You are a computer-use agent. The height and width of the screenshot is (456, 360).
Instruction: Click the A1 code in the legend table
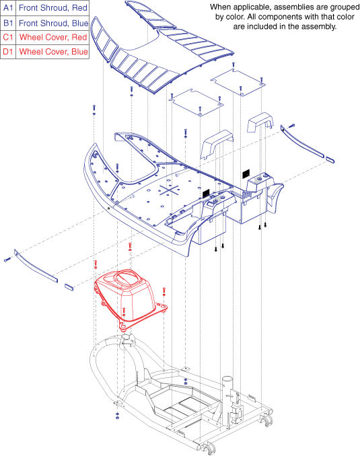pyautogui.click(x=8, y=8)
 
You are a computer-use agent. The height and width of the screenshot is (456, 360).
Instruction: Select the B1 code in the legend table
pyautogui.click(x=8, y=23)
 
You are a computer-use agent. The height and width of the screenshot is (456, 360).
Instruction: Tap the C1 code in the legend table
pyautogui.click(x=8, y=37)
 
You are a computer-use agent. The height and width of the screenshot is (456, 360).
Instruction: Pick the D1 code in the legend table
pyautogui.click(x=8, y=52)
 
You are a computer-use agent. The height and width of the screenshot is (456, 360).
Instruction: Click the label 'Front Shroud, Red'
pyautogui.click(x=53, y=8)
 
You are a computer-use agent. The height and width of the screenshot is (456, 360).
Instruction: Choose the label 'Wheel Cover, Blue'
pyautogui.click(x=53, y=52)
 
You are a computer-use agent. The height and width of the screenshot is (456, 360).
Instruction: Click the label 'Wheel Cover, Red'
pyautogui.click(x=53, y=37)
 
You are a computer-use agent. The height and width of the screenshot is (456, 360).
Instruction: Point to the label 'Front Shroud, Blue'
pyautogui.click(x=54, y=23)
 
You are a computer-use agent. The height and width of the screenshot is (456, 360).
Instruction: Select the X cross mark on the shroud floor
pyautogui.click(x=169, y=191)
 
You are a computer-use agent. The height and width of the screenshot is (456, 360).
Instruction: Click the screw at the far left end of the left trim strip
pyautogui.click(x=7, y=259)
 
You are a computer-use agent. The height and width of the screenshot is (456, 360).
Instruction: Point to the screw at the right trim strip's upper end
pyautogui.click(x=291, y=126)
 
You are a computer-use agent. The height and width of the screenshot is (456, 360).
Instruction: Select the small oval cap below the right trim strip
pyautogui.click(x=330, y=159)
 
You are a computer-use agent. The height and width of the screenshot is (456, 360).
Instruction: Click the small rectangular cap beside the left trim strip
pyautogui.click(x=69, y=287)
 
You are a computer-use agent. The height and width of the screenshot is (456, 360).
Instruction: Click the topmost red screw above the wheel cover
pyautogui.click(x=130, y=247)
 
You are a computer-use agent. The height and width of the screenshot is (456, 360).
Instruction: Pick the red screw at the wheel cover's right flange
pyautogui.click(x=164, y=291)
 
